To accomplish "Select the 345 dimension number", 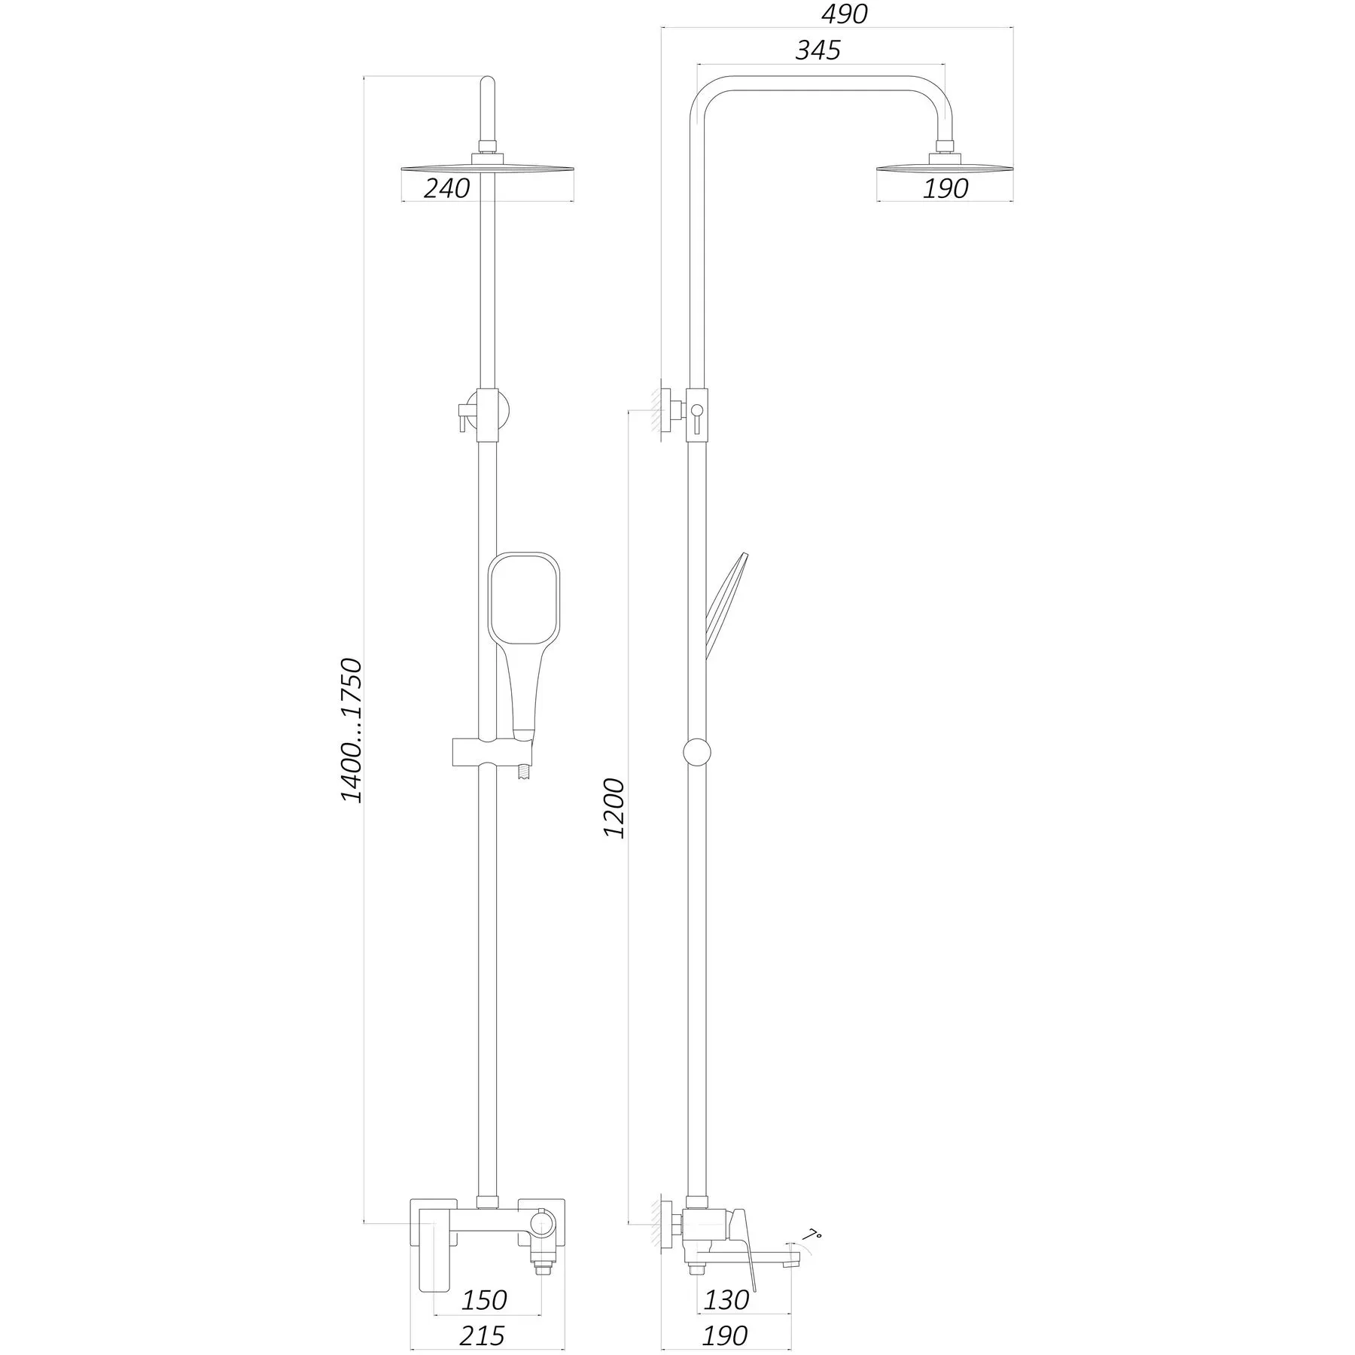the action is coord(818,50).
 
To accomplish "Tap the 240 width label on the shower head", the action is coord(446,188).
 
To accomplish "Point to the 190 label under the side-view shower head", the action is coord(945,188).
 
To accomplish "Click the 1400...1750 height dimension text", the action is coord(352,730).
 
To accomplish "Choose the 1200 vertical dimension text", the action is coord(614,808).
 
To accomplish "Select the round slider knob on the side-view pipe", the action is coord(696,752).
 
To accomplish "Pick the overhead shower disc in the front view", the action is coord(489,168).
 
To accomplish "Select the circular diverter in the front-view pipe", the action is coord(489,411).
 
